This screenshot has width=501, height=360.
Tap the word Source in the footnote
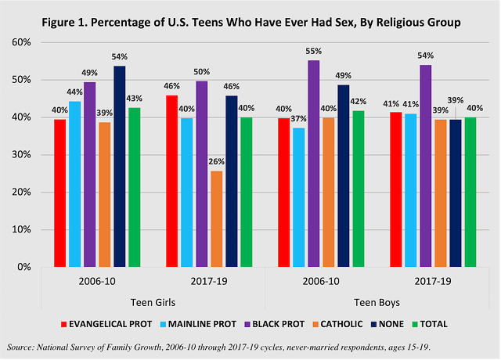(22, 346)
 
